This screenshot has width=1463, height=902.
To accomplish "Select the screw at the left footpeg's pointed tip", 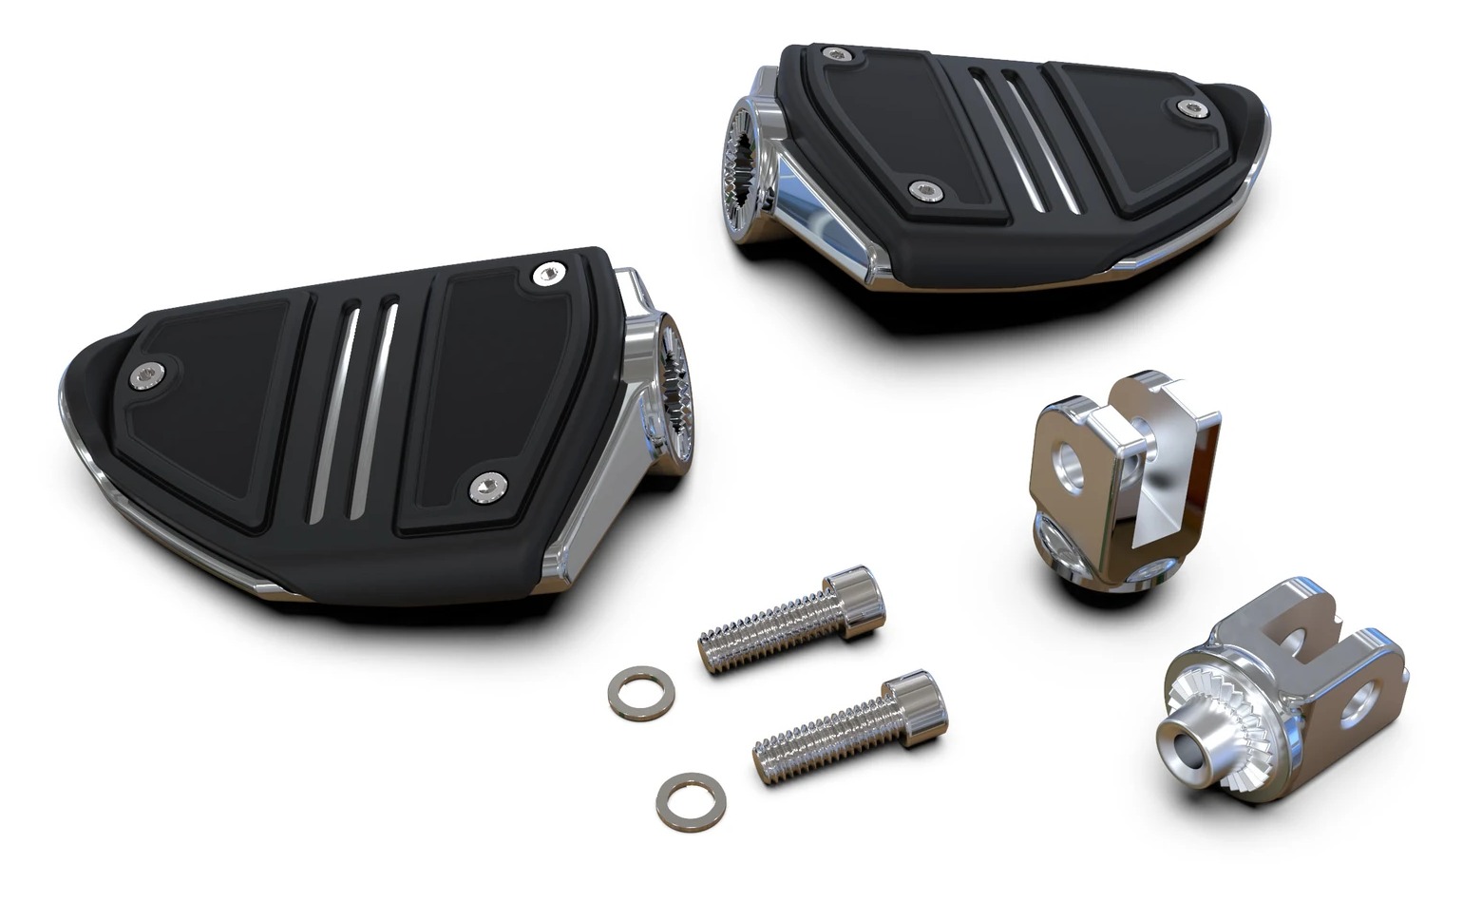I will coord(147,376).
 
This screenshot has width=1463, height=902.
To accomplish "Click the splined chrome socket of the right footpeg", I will coord(747,147).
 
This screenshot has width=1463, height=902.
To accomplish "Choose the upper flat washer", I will coord(636,692).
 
